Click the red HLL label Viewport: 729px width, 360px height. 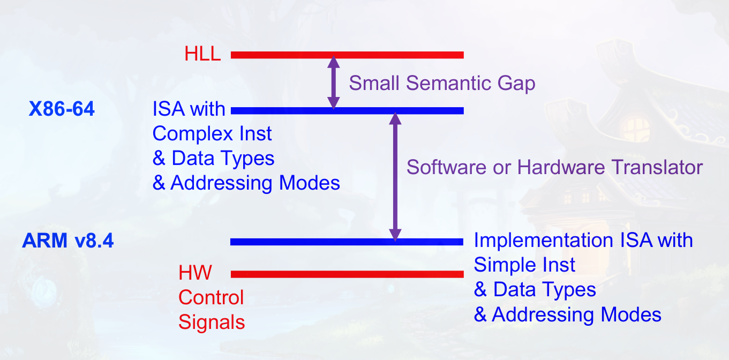(202, 54)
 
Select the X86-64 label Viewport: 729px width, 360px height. (62, 109)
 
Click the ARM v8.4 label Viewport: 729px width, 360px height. (68, 241)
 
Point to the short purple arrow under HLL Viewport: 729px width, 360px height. (334, 82)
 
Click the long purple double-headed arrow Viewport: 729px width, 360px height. (395, 177)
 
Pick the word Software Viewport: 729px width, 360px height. (449, 167)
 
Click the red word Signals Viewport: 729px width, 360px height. (212, 322)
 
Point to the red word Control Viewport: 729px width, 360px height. (211, 297)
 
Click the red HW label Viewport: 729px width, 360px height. (195, 273)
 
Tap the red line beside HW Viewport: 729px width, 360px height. (347, 274)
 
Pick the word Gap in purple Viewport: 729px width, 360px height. (516, 83)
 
